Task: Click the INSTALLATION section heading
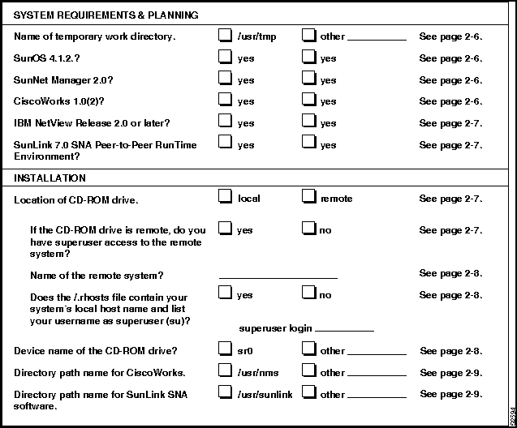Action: coord(50,178)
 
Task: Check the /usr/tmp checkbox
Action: coord(225,36)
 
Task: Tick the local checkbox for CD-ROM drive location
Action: coord(225,197)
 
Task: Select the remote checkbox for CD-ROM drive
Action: coord(308,197)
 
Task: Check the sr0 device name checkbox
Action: coord(225,349)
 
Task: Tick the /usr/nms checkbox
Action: coord(225,371)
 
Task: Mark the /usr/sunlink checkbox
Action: coord(225,393)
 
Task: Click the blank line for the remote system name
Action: coord(278,278)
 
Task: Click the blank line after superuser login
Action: coord(343,330)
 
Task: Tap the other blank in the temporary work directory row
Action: coord(377,38)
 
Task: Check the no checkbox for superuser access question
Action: coord(308,229)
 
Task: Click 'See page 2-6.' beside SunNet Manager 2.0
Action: coord(450,80)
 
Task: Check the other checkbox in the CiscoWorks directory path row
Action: coord(308,371)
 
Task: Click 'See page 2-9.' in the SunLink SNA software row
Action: coord(451,394)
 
